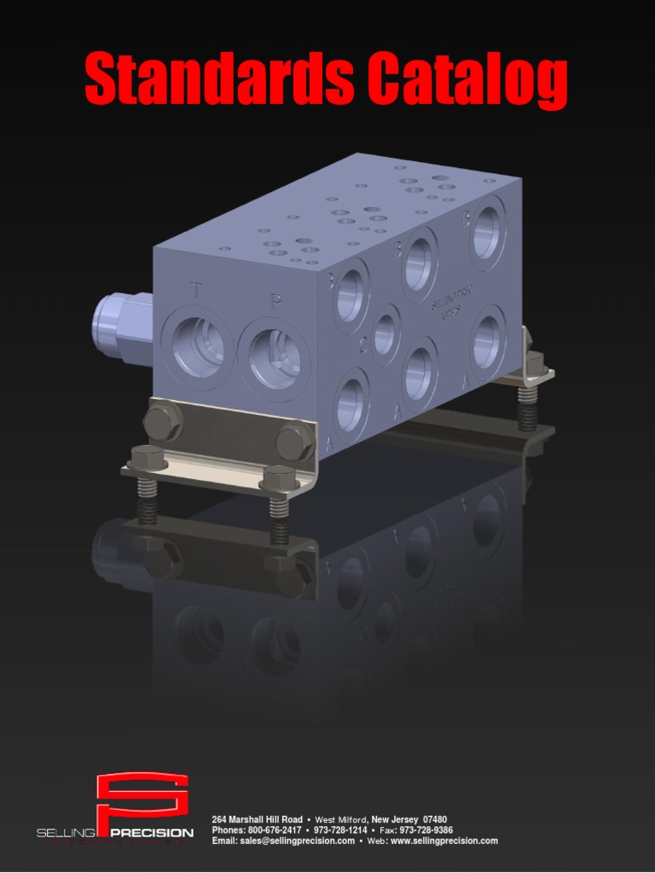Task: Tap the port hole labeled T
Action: click(x=198, y=346)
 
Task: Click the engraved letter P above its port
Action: click(x=275, y=301)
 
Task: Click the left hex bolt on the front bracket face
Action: click(x=162, y=421)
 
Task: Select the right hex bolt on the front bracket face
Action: click(x=294, y=442)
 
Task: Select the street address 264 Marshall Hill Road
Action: click(x=257, y=819)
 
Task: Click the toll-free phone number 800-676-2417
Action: click(x=274, y=830)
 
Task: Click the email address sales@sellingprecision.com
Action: click(x=298, y=841)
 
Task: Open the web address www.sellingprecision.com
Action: click(x=443, y=841)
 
